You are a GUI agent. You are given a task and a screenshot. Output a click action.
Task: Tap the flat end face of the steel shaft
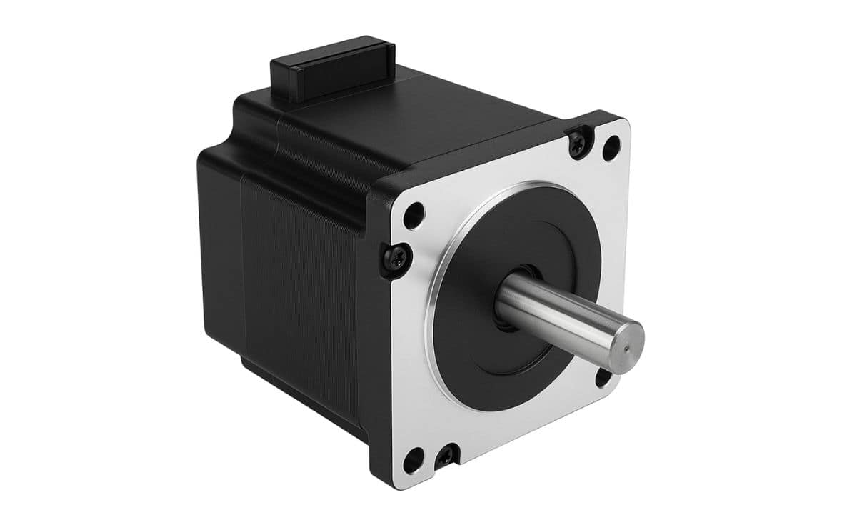623,345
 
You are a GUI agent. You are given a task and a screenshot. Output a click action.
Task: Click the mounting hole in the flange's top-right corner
611,149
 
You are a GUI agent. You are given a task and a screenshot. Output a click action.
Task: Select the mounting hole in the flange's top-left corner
414,215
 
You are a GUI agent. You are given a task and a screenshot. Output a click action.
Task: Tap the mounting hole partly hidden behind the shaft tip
602,379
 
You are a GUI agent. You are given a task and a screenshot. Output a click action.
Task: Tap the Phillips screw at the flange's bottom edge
447,456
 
